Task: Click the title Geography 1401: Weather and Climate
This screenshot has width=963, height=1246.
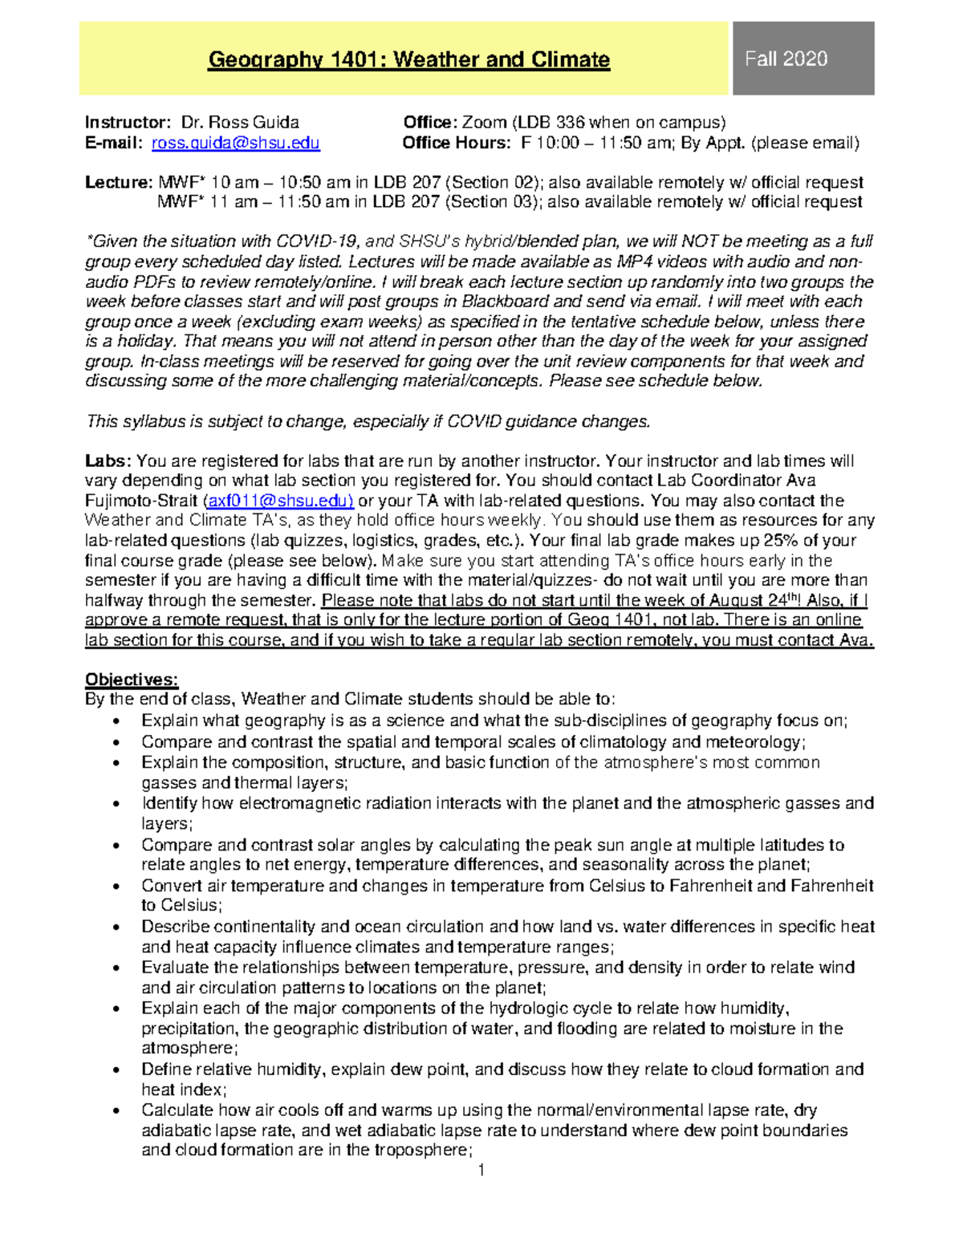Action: click(x=408, y=59)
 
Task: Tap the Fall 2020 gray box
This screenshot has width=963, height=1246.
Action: click(x=786, y=59)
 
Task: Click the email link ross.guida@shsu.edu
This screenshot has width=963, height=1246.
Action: click(x=235, y=143)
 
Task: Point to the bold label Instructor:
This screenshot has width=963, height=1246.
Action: click(x=128, y=123)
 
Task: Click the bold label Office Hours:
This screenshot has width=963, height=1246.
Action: click(x=456, y=143)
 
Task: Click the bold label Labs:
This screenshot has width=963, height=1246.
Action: click(x=108, y=461)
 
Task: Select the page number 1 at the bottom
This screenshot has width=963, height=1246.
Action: click(x=481, y=1171)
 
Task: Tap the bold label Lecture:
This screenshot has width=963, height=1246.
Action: click(x=119, y=183)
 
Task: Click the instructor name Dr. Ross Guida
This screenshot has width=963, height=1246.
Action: click(x=240, y=123)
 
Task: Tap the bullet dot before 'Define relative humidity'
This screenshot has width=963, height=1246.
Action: click(x=119, y=1070)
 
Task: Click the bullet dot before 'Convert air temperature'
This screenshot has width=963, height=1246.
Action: click(x=119, y=887)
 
